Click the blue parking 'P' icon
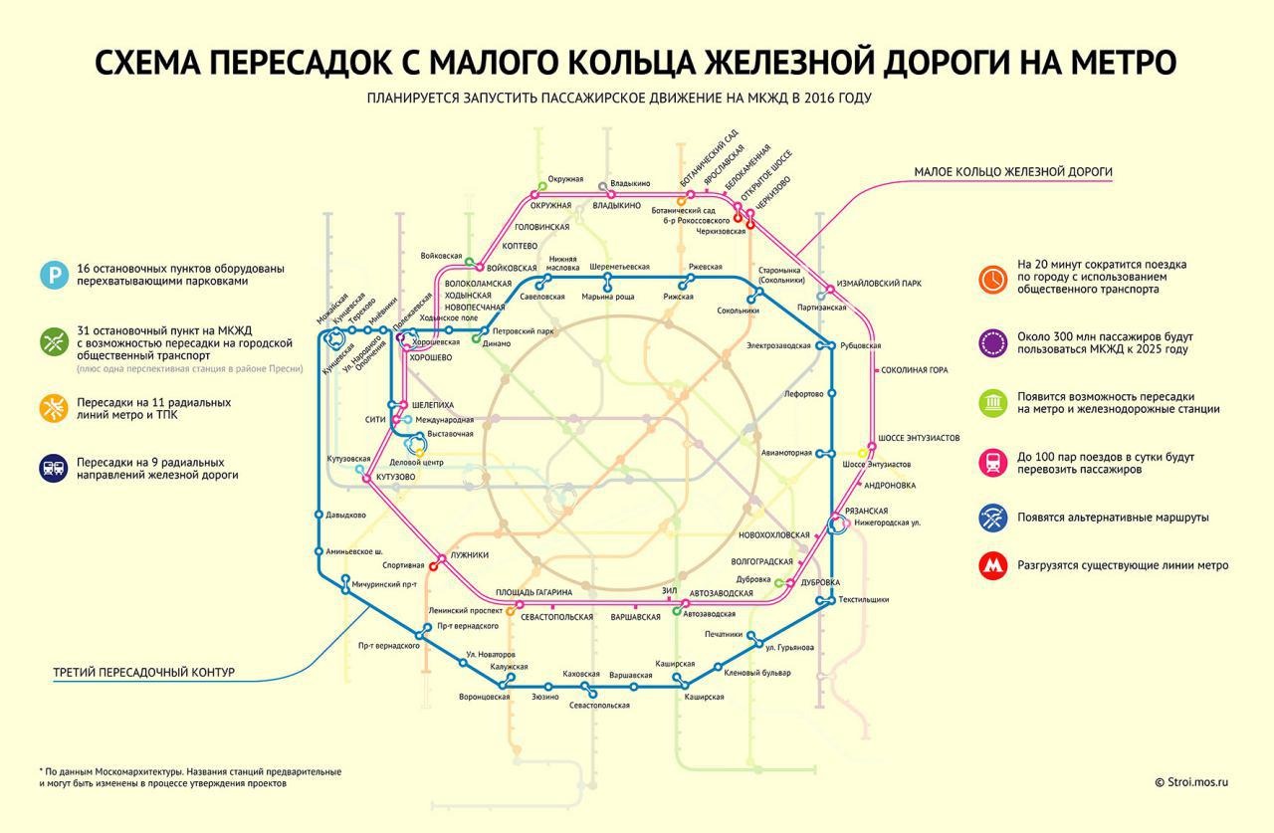(x=54, y=275)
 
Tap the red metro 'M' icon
(x=992, y=565)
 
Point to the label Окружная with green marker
(x=564, y=179)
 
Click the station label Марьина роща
(x=607, y=297)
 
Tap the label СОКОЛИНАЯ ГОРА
(x=914, y=370)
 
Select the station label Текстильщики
(x=864, y=599)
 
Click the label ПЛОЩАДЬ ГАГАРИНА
(x=533, y=593)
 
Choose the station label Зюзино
(x=544, y=697)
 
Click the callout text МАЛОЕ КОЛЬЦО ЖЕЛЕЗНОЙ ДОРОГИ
(x=1013, y=172)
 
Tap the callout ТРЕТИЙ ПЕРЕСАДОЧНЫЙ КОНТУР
(x=144, y=673)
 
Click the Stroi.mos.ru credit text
(x=1191, y=782)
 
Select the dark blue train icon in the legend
(x=54, y=469)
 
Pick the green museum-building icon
(x=992, y=402)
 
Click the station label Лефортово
(x=804, y=393)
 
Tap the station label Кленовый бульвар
(x=758, y=673)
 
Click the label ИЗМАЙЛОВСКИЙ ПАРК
(x=879, y=284)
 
